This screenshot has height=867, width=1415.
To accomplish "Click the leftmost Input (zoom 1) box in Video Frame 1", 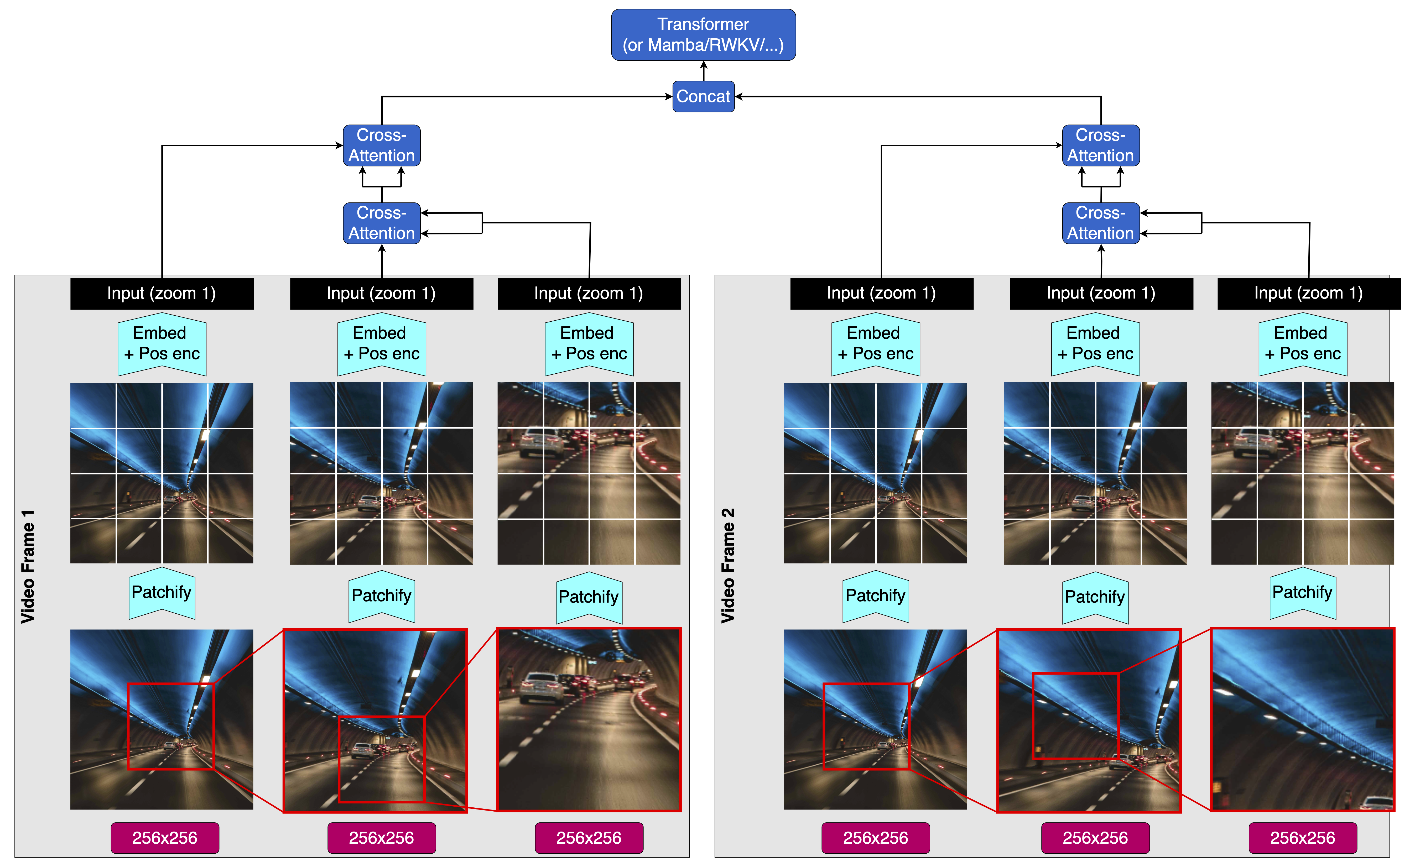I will tap(162, 293).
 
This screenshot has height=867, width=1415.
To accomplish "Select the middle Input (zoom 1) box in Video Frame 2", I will tap(1101, 293).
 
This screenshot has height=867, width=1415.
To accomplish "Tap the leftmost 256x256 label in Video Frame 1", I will tap(165, 838).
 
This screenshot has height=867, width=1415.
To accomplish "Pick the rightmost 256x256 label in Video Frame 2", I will tap(1302, 838).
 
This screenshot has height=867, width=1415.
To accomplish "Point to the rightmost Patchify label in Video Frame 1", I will tap(589, 597).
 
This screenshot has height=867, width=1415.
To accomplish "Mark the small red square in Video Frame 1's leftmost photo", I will tap(170, 726).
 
